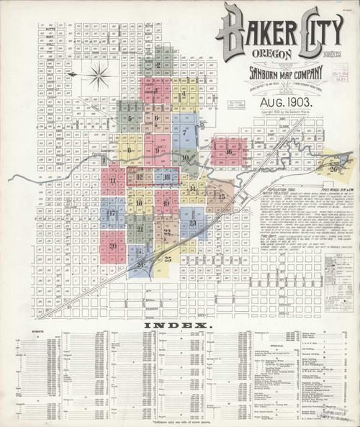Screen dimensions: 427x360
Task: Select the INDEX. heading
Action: (x=180, y=325)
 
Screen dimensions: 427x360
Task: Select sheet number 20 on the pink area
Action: (x=113, y=246)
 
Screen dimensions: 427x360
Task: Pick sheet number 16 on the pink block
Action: (x=229, y=152)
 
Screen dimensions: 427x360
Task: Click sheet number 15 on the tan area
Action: (x=222, y=196)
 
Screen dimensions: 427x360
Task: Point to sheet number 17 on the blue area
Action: (x=112, y=214)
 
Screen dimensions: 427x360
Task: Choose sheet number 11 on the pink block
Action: (x=113, y=180)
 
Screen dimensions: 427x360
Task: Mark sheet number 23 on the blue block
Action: (x=193, y=225)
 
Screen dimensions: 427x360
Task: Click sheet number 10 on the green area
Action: (x=185, y=158)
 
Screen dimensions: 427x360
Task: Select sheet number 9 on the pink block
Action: (x=156, y=150)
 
